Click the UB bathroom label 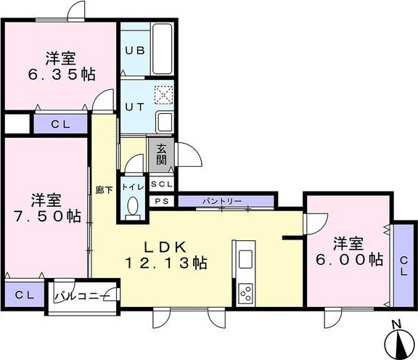(x=134, y=51)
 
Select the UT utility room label (x=134, y=106)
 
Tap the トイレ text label (x=132, y=186)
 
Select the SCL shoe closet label (x=162, y=185)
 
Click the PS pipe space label (x=162, y=201)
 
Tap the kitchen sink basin (x=245, y=259)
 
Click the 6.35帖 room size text (x=62, y=73)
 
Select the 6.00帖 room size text (x=349, y=259)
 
